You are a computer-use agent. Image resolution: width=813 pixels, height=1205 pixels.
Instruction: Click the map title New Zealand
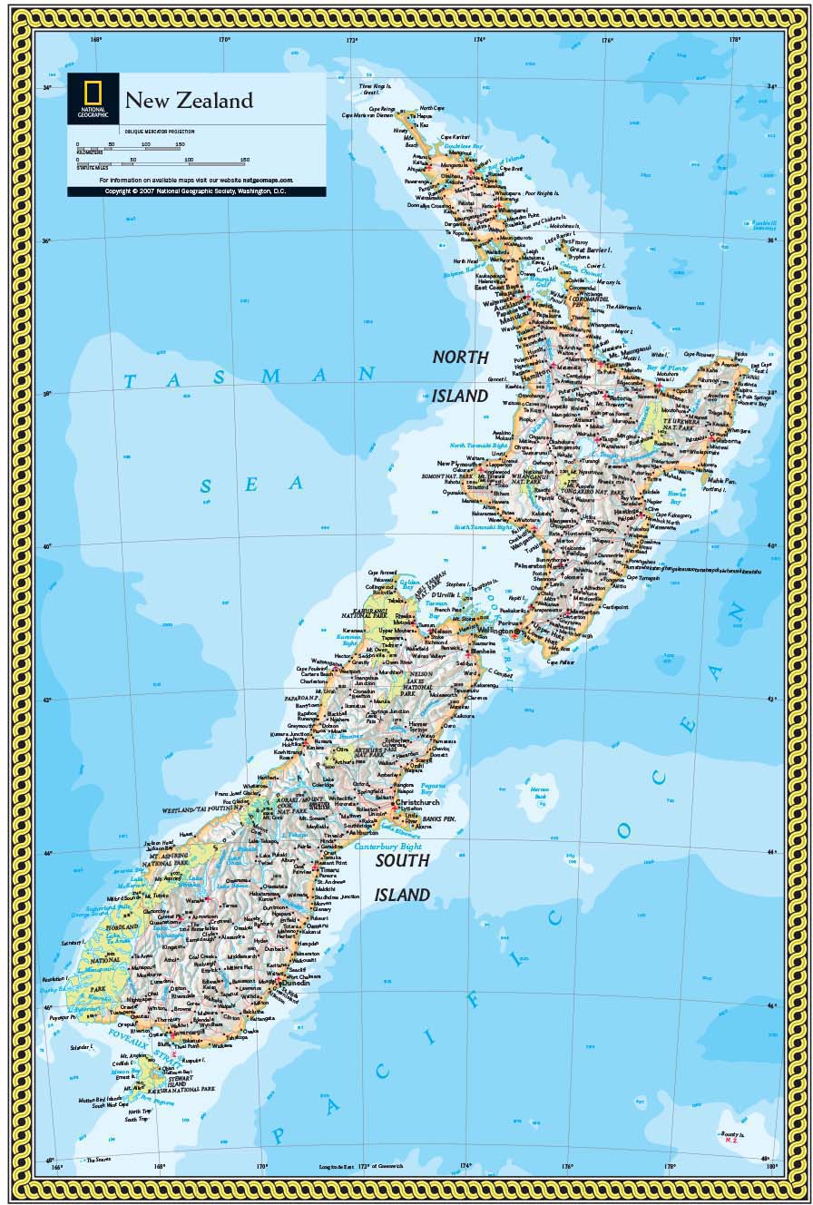(x=189, y=101)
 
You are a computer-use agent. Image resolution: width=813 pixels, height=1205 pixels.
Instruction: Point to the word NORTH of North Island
(x=460, y=358)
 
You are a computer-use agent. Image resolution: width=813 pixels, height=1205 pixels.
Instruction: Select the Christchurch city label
(x=416, y=802)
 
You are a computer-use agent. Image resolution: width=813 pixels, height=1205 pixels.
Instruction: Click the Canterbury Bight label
(x=388, y=846)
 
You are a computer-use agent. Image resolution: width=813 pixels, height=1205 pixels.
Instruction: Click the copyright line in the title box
(x=195, y=191)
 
